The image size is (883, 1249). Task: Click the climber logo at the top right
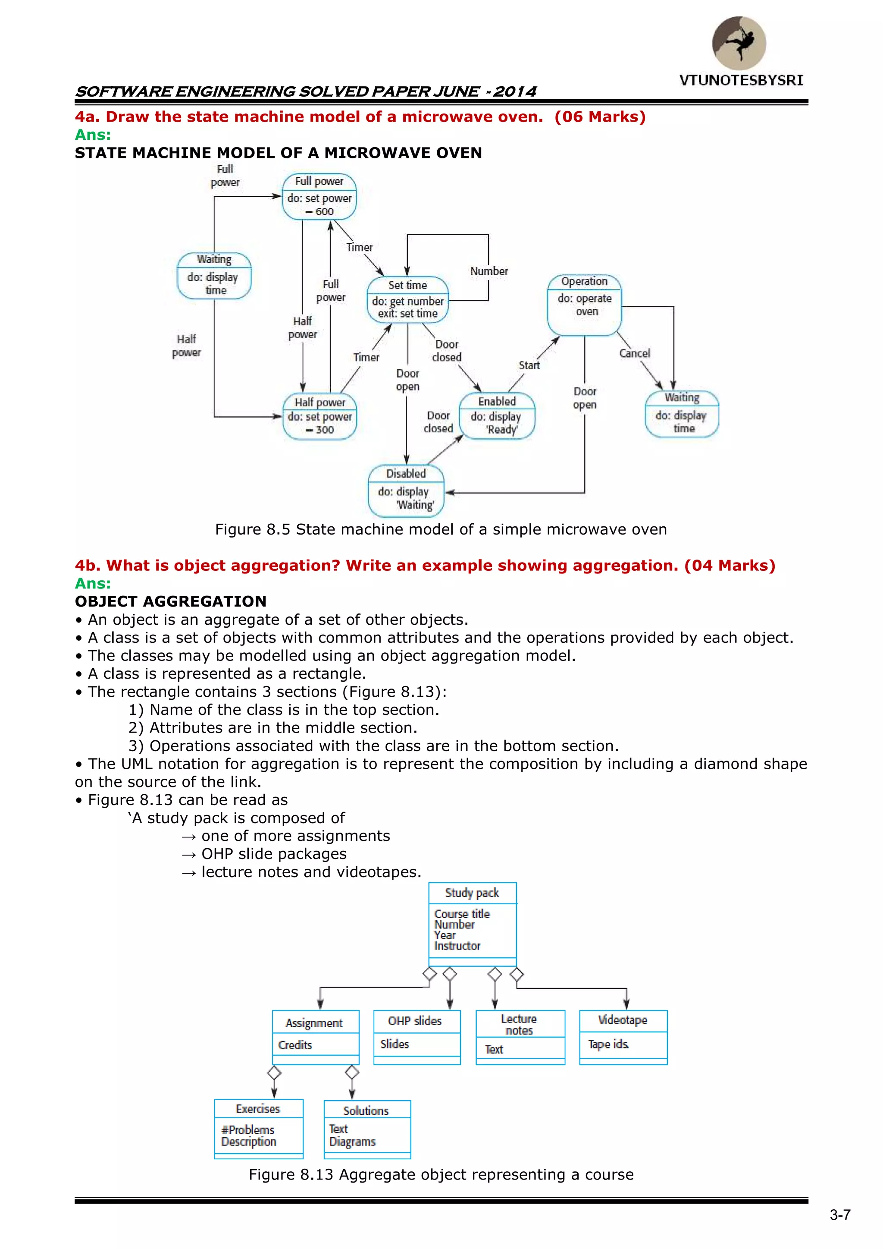tap(739, 44)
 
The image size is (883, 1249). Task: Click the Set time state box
tap(408, 300)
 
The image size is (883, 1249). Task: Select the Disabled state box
tap(406, 490)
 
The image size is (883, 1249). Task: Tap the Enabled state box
tap(497, 415)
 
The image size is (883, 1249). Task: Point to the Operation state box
tap(585, 305)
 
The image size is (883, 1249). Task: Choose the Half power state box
tap(320, 416)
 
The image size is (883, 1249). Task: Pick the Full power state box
tap(319, 196)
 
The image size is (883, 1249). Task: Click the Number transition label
tap(489, 271)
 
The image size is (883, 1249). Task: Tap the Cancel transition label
tap(635, 354)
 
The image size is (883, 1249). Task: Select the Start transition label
tap(529, 365)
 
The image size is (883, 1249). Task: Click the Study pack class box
tap(472, 924)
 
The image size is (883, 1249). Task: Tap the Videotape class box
tap(623, 1037)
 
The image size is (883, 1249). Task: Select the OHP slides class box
tap(417, 1037)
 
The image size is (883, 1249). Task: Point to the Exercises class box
tap(259, 1129)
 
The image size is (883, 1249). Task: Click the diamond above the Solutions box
tap(352, 1072)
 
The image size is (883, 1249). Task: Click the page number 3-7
tap(840, 1215)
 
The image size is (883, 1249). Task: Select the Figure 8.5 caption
tap(441, 529)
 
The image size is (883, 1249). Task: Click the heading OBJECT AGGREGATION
tap(171, 601)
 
